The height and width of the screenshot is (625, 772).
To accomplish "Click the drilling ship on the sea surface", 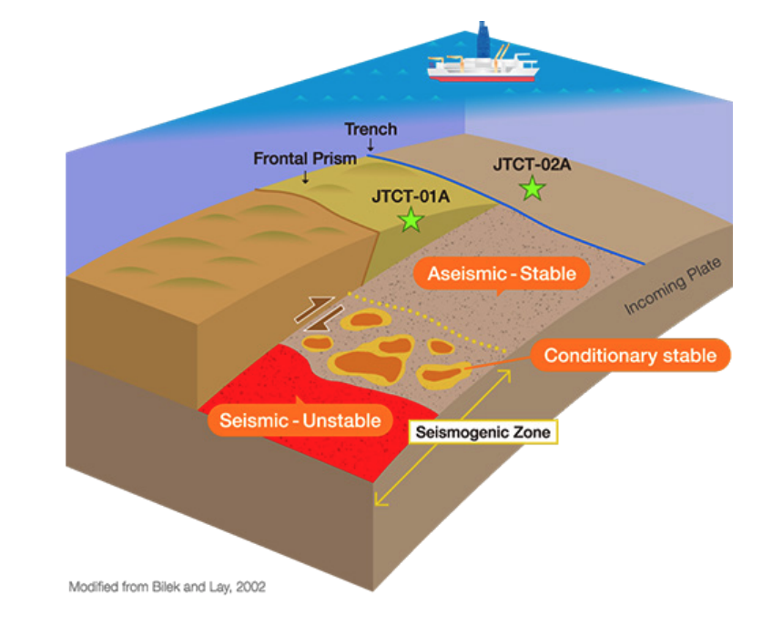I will [x=483, y=66].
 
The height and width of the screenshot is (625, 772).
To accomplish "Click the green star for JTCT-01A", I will [x=411, y=218].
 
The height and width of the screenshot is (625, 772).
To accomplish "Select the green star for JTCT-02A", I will [x=533, y=188].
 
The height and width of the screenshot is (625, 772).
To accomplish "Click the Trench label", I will [x=371, y=129].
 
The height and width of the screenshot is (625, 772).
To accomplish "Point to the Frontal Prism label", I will [x=305, y=159].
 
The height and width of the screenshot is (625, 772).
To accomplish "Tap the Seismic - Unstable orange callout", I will [x=300, y=420].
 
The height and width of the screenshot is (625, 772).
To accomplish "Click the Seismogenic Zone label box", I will [x=482, y=433].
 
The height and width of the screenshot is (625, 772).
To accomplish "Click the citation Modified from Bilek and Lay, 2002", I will [x=168, y=587].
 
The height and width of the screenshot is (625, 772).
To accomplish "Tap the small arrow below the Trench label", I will [x=371, y=145].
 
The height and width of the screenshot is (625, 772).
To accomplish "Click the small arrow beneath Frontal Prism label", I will [x=305, y=176].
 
